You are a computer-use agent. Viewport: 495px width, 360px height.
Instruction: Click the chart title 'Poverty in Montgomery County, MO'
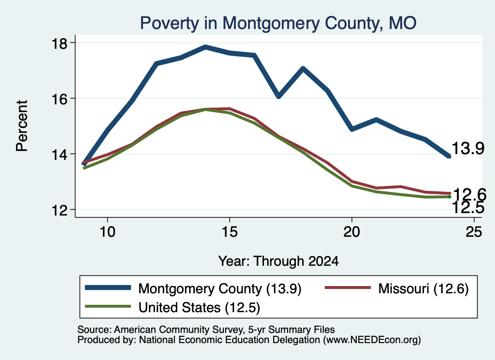click(278, 23)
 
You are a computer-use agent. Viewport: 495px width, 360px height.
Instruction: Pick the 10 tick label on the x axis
click(107, 232)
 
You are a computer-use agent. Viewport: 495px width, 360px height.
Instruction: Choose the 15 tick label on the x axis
click(230, 232)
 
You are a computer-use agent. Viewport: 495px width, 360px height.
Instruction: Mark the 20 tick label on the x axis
click(352, 232)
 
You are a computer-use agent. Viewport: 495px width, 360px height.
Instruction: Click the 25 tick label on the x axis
click(474, 232)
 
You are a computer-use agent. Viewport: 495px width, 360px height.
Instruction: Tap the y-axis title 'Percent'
click(22, 126)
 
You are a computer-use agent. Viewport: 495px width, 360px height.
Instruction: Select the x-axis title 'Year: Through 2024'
click(278, 261)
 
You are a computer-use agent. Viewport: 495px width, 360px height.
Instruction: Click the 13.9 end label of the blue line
click(468, 148)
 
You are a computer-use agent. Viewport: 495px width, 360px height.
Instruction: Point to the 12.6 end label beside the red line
click(469, 194)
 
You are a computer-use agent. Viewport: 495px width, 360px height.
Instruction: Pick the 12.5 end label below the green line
click(468, 208)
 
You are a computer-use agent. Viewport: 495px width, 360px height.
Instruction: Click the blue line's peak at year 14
click(205, 47)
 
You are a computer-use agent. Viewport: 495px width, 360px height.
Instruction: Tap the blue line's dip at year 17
click(278, 96)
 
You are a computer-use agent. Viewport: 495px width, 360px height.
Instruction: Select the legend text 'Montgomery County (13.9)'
click(220, 288)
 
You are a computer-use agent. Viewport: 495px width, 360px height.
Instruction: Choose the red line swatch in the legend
click(348, 288)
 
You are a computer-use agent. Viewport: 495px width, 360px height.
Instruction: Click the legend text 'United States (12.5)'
click(199, 307)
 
